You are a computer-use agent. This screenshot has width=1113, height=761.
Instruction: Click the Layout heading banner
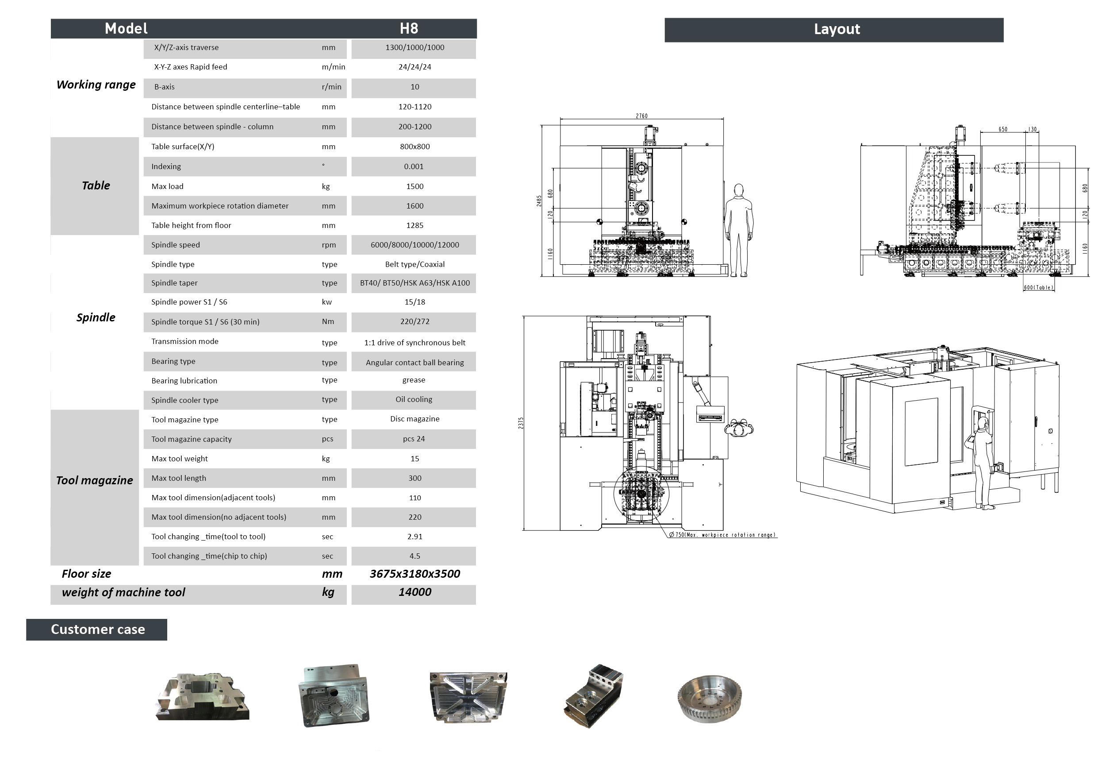836,30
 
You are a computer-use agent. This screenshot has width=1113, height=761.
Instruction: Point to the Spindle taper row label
174,283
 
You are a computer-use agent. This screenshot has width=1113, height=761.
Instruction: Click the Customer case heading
97,629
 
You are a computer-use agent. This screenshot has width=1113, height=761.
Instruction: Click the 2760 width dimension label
641,116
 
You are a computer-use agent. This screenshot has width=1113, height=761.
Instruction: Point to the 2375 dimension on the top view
521,423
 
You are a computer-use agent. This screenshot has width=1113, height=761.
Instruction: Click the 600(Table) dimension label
1038,287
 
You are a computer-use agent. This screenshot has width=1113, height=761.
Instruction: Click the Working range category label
96,85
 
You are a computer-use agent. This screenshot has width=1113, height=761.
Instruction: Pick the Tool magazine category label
94,480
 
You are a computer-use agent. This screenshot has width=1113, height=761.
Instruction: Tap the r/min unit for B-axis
331,87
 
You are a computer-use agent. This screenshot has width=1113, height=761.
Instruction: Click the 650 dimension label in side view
1002,129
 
